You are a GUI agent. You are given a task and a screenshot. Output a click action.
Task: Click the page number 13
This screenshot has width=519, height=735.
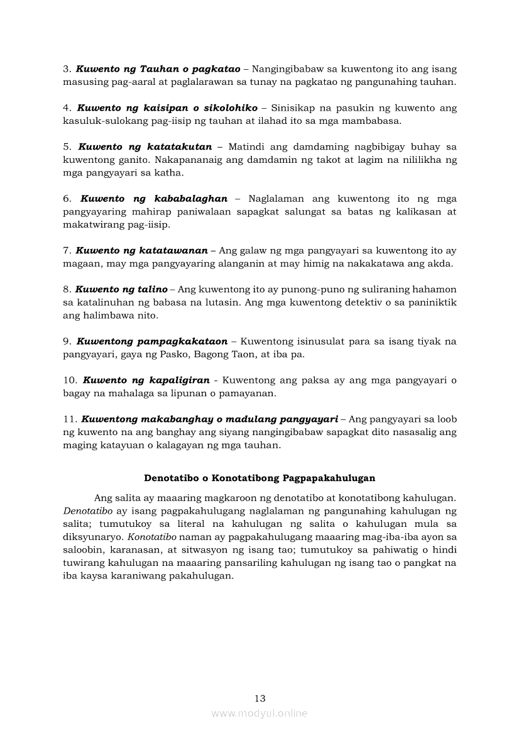pos(260,698)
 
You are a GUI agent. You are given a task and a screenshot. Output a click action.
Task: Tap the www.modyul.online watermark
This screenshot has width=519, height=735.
pos(259,713)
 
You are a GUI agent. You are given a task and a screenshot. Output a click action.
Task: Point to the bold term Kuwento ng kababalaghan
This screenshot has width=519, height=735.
pos(154,198)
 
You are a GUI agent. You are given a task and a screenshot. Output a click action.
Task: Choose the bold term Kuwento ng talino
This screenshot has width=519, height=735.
pos(121,289)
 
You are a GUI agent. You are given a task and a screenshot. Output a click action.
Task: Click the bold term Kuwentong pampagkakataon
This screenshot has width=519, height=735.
pos(152,341)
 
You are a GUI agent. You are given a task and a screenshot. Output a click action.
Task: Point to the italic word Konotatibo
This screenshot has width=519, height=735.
pos(153,537)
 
